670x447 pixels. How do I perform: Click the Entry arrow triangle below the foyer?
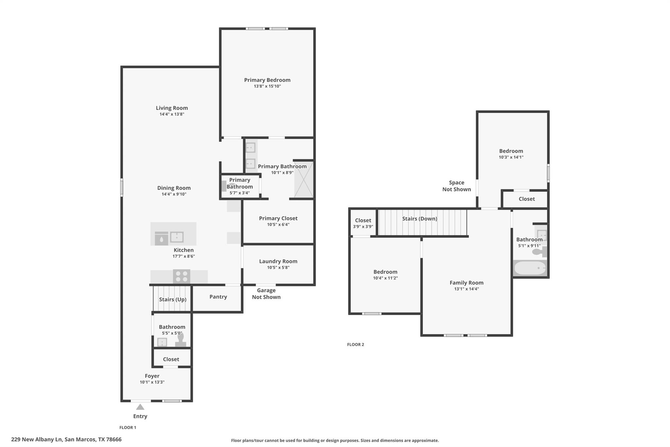(140, 407)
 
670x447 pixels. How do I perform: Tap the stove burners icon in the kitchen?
(182, 276)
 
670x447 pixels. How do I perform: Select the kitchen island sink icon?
(177, 237)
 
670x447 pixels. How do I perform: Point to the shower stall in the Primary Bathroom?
(304, 179)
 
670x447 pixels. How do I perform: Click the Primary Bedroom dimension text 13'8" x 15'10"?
(267, 86)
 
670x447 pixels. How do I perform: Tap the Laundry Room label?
(278, 261)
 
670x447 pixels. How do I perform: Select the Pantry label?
(218, 297)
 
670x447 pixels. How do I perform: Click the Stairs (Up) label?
(173, 299)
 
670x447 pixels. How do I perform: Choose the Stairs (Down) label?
(420, 219)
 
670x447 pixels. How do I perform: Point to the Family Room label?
(466, 283)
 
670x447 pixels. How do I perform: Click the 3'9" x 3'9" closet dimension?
(363, 227)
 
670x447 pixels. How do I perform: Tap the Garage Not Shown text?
(266, 294)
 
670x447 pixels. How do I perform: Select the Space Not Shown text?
(456, 186)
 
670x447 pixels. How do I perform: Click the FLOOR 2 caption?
(355, 345)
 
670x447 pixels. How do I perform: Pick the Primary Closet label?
(278, 218)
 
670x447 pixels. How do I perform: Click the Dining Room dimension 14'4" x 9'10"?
(174, 194)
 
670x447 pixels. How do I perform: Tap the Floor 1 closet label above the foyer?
(171, 359)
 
